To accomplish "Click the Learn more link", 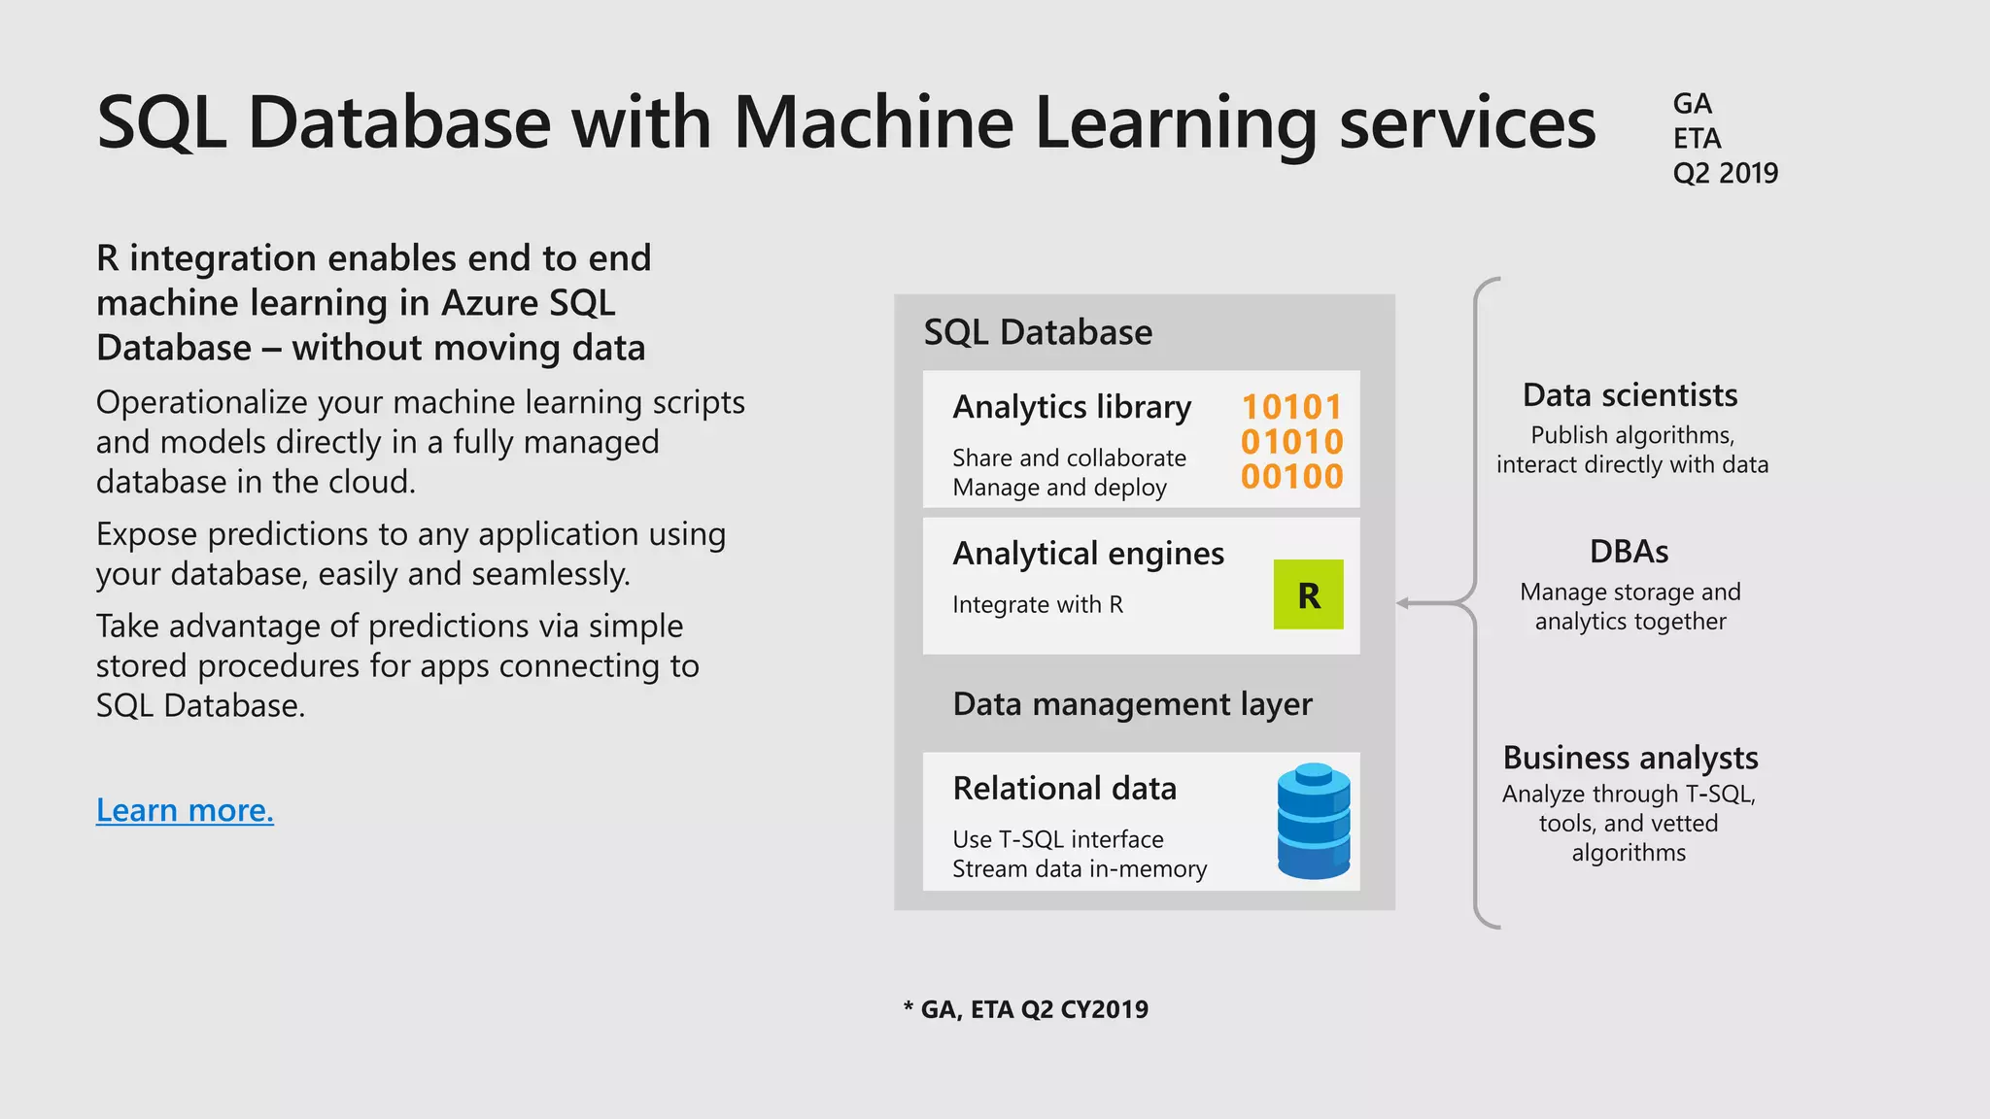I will [185, 809].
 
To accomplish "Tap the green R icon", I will [1308, 594].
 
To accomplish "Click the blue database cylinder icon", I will [1313, 821].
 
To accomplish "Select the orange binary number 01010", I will [1291, 442].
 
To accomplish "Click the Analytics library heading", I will [1072, 407].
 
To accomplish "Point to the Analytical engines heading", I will [1088, 554].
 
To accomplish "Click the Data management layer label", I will [1132, 703].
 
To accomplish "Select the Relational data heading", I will [1064, 788].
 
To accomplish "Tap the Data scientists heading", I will [1630, 395].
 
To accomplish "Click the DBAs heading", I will [1629, 552].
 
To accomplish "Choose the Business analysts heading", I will [1630, 758].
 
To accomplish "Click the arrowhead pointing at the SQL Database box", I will [1403, 603].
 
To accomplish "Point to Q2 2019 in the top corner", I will [1725, 173].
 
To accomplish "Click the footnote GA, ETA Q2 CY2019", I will [1026, 1009].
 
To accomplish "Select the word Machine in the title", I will [873, 122].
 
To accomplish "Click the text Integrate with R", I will [1037, 604].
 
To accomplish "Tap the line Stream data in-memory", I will [1079, 868].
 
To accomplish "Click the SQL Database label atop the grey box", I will [1037, 332].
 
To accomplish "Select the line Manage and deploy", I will [1059, 488].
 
